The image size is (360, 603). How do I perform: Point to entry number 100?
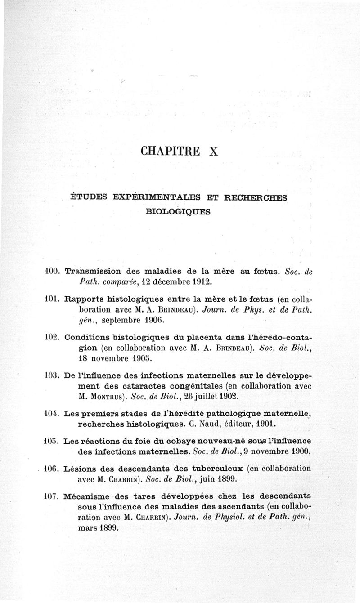pos(53,272)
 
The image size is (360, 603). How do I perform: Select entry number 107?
pos(53,497)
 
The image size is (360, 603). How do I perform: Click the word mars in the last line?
pos(87,528)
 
